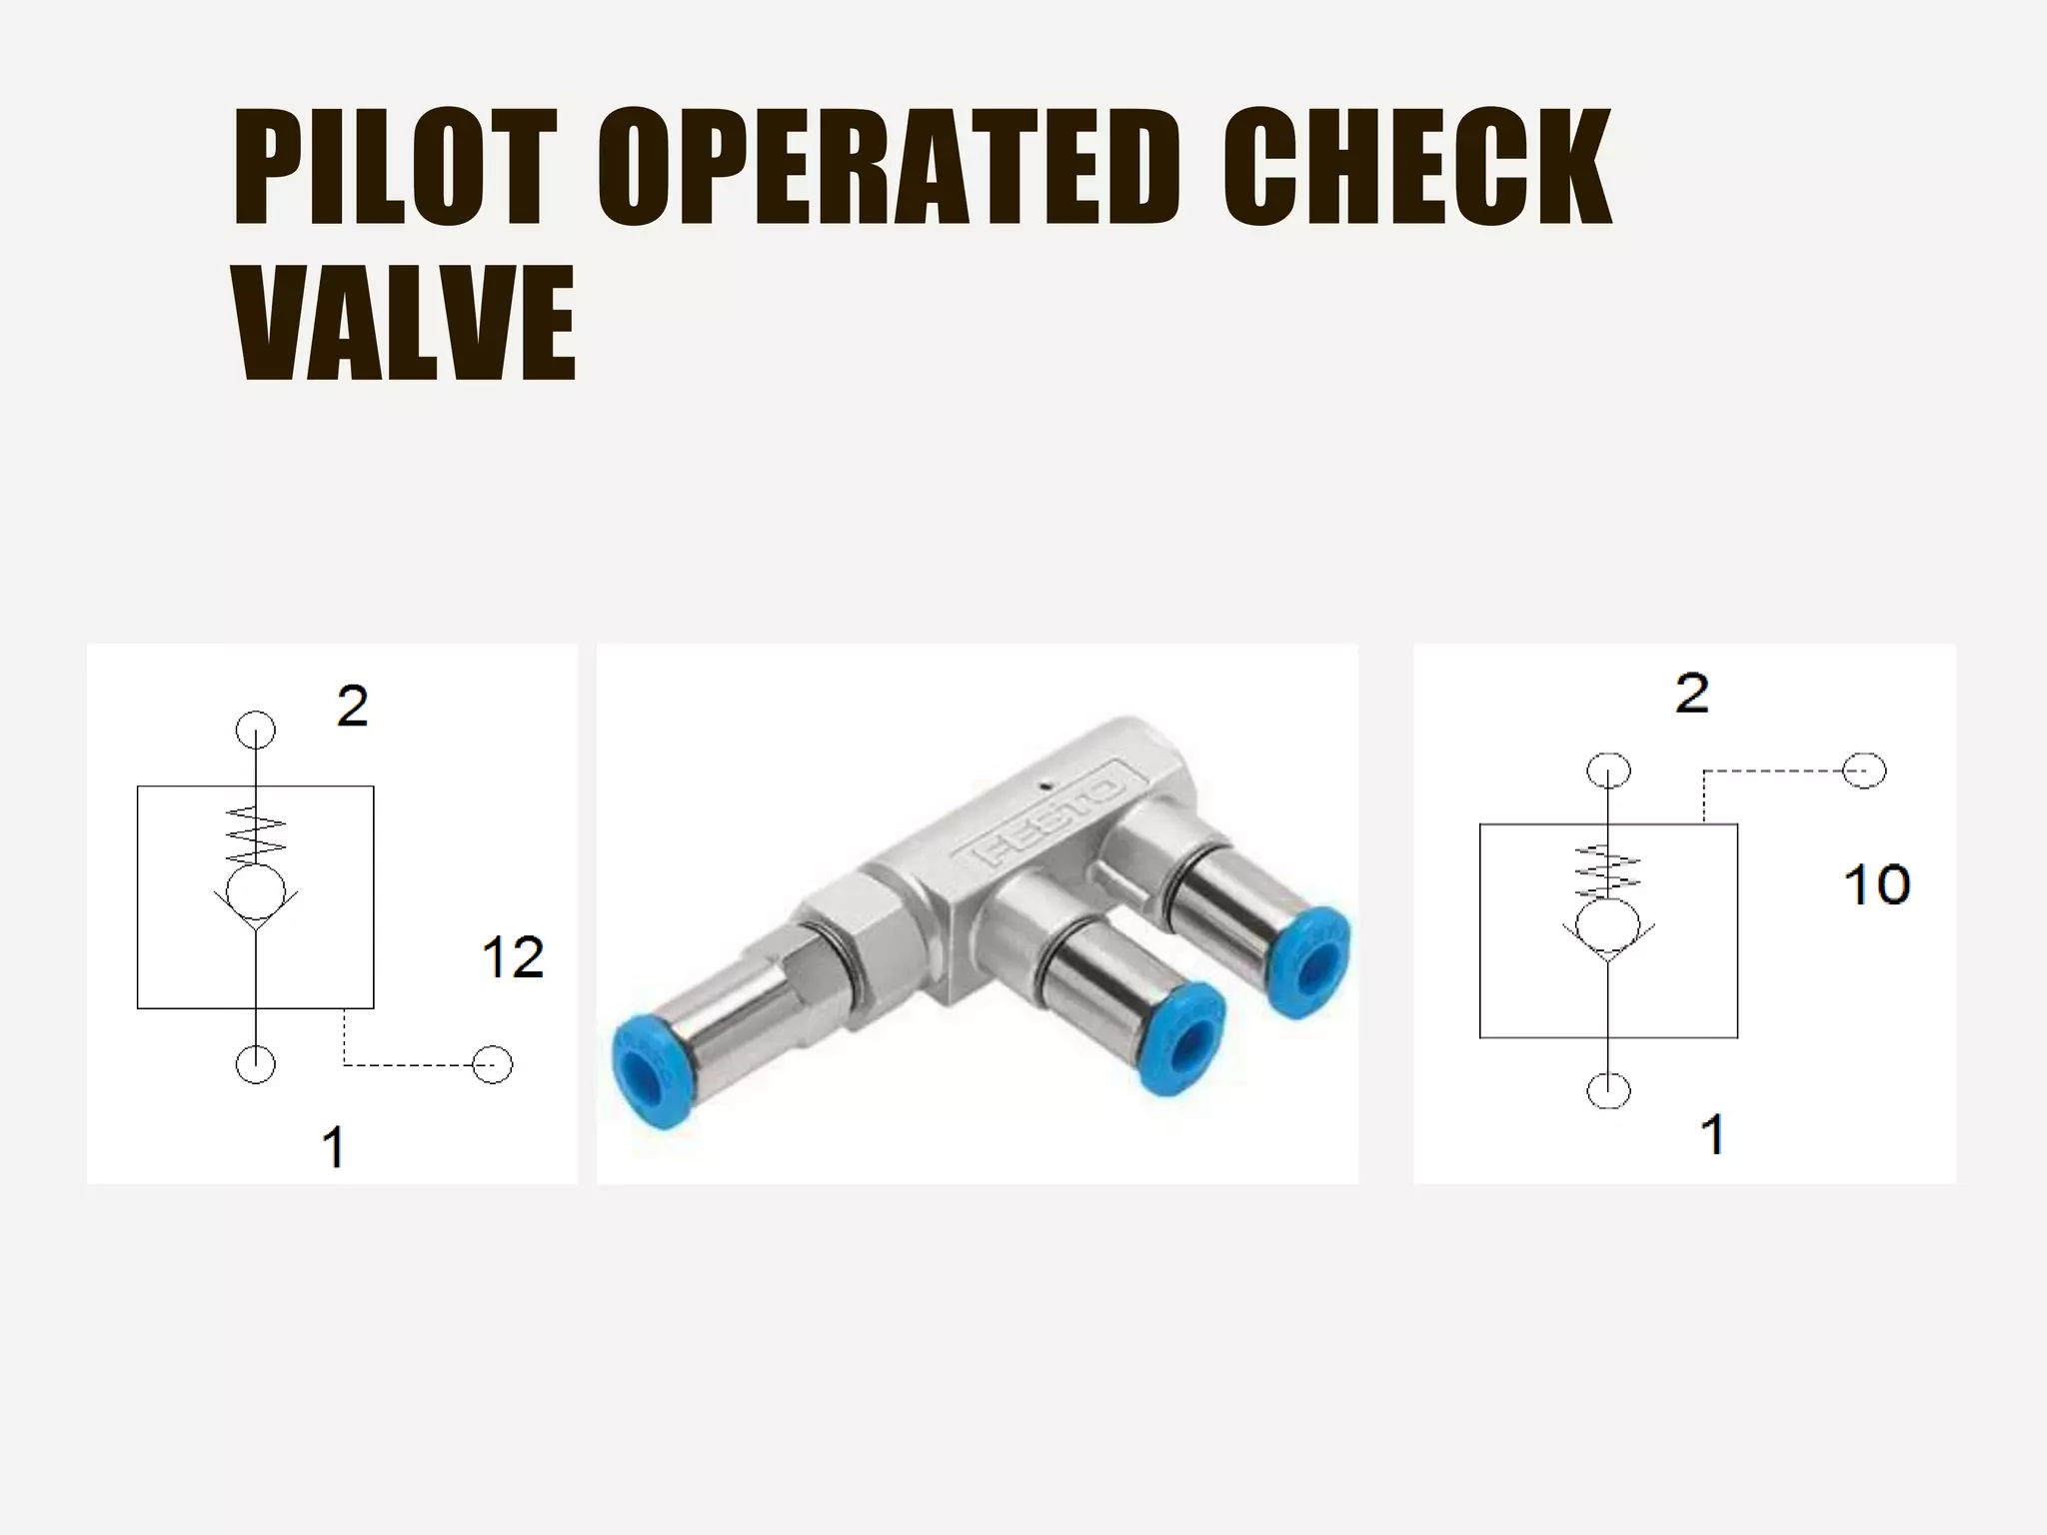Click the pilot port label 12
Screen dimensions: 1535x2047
click(x=513, y=957)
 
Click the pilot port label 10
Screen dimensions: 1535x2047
click(x=1876, y=884)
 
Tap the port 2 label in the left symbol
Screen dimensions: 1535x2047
click(x=352, y=707)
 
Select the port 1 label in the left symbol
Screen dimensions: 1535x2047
click(x=334, y=1146)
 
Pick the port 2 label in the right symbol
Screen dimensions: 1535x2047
click(x=1692, y=693)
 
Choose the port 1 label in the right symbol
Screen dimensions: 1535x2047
click(x=1712, y=1135)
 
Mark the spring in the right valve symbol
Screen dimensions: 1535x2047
click(x=1608, y=871)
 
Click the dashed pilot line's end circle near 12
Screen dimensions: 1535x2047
click(x=492, y=1065)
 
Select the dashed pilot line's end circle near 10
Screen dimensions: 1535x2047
click(x=1864, y=771)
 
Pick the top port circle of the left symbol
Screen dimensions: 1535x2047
click(x=256, y=731)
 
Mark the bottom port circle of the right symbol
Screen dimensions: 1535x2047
click(x=1608, y=1090)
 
